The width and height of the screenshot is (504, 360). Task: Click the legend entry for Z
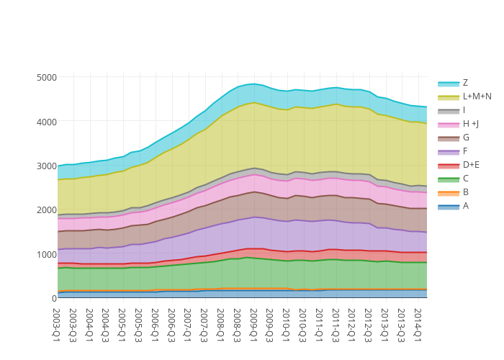coord(465,83)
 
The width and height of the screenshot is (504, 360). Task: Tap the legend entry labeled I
coord(464,110)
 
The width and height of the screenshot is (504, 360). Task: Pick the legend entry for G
coord(466,138)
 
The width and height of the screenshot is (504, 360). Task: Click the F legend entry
coord(465,151)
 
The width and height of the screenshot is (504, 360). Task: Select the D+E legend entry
coord(471,165)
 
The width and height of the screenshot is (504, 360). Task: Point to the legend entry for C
coord(466,179)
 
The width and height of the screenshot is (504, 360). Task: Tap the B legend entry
coord(465,192)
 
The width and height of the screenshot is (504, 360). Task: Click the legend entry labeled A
coord(466,206)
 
